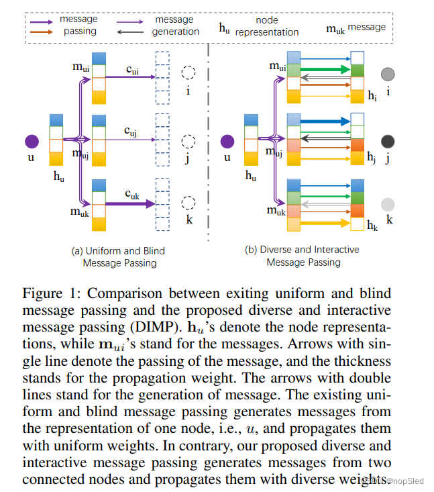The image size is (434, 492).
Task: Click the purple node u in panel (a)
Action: tap(32, 141)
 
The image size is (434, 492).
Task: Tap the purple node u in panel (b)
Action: tap(228, 141)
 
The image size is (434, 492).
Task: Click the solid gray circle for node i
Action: tap(388, 75)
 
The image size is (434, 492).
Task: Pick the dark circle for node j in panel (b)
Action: tap(388, 141)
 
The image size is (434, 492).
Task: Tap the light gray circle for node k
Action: tap(388, 205)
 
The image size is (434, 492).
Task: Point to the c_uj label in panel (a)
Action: tap(131, 133)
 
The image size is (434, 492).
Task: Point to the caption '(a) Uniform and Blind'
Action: tap(118, 250)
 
